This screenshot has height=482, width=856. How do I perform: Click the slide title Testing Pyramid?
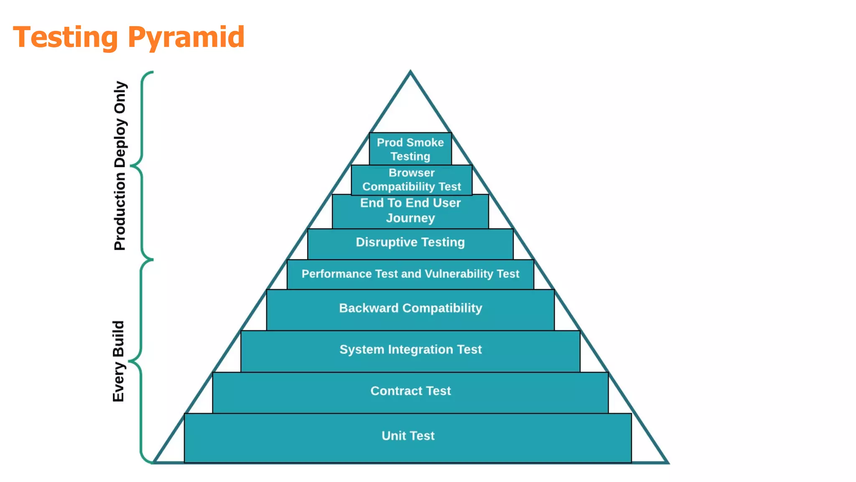[x=129, y=37]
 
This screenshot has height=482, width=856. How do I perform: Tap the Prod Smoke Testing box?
[x=410, y=149]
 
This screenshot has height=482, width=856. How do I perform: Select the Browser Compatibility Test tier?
[x=412, y=180]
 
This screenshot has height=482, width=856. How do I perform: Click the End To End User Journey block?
[x=410, y=211]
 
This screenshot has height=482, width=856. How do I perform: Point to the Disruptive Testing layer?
[x=410, y=243]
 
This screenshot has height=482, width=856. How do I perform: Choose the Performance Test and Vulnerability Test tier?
[x=410, y=274]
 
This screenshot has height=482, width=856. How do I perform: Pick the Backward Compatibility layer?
[x=410, y=309]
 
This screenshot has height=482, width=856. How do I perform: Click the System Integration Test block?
[x=410, y=350]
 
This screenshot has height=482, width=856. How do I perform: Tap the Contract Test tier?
[x=410, y=391]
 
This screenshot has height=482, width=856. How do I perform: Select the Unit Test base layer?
[x=408, y=436]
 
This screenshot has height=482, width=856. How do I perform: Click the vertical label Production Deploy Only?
[x=120, y=166]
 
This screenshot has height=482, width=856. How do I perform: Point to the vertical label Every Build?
[x=118, y=361]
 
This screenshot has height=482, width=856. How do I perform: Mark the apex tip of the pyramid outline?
[x=410, y=72]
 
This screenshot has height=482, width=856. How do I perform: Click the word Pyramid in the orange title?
[x=186, y=37]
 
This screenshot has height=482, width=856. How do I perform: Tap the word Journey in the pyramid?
[x=410, y=218]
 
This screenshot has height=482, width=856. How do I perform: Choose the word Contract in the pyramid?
[x=391, y=391]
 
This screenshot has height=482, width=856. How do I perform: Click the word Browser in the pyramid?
[x=412, y=173]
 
